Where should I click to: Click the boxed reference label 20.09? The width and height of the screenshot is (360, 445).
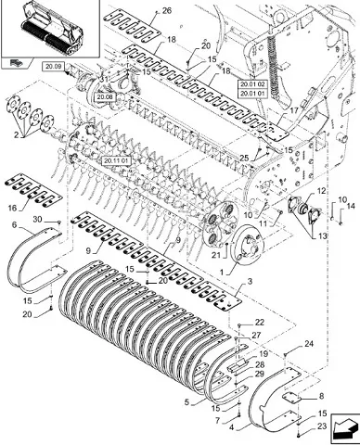coord(53,66)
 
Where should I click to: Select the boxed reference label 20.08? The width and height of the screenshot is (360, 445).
coord(105,97)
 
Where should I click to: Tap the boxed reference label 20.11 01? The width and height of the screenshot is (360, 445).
coord(117,160)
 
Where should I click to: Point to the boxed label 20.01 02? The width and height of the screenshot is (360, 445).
coord(252,84)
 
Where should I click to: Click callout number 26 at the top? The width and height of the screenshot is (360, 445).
coord(167,11)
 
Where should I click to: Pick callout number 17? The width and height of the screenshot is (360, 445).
coord(294,110)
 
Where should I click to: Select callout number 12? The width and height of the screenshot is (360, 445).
coord(322,191)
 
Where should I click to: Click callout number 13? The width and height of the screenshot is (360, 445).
coord(322,236)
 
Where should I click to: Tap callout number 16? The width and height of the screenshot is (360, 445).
coord(12,208)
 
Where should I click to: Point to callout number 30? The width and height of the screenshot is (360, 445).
coord(37,219)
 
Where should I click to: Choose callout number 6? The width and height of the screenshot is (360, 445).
coord(14,224)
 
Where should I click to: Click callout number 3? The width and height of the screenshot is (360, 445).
coord(250,282)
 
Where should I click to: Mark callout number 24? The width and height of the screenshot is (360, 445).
coord(309,343)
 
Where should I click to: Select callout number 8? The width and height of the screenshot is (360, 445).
coord(321,396)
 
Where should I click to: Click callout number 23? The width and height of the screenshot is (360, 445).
coord(322,426)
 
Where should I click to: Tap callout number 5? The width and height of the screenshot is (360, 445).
coord(186,402)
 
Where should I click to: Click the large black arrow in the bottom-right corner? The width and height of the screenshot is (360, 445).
coord(345,428)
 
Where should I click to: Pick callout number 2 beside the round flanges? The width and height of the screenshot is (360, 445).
coord(16,135)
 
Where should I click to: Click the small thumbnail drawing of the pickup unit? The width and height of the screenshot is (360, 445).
coord(51,30)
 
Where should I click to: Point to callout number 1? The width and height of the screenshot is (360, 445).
coord(222,273)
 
